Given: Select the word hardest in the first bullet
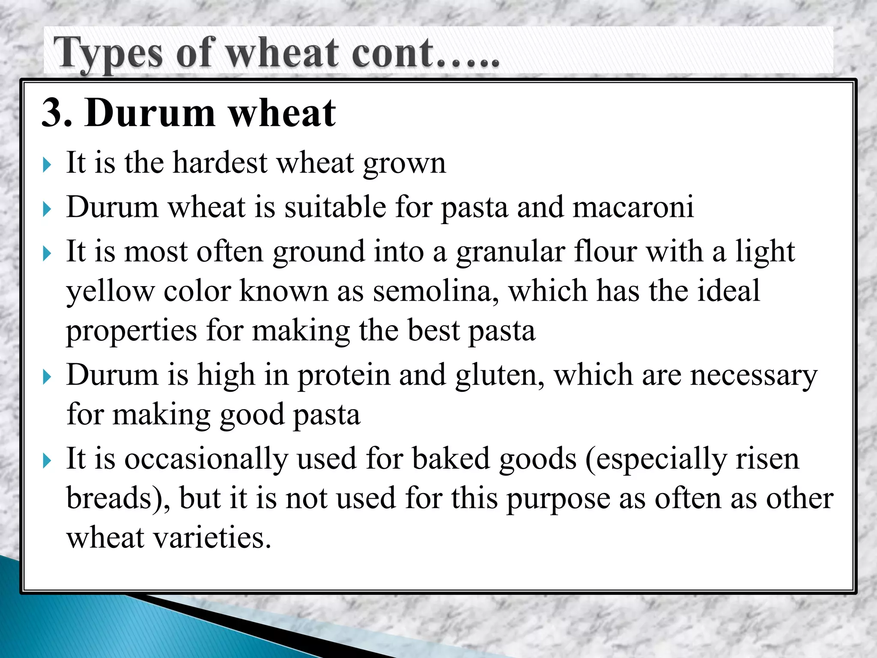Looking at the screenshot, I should tap(220, 163).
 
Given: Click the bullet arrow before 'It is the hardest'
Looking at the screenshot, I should tap(47, 164).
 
